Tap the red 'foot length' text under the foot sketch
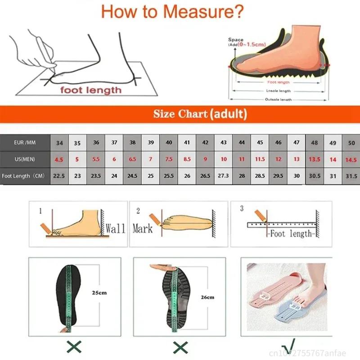point(91,90)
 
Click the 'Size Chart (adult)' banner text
point(200,114)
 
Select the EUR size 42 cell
point(205,143)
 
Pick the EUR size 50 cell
point(351,143)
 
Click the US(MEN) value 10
point(224,159)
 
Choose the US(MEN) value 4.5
point(59,159)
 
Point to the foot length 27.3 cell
point(224,176)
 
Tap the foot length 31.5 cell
point(351,176)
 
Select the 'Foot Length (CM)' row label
point(23,176)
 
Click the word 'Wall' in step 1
point(115,228)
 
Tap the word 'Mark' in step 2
point(143,228)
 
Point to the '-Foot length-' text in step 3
point(291,234)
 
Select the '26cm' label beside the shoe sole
point(207,297)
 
